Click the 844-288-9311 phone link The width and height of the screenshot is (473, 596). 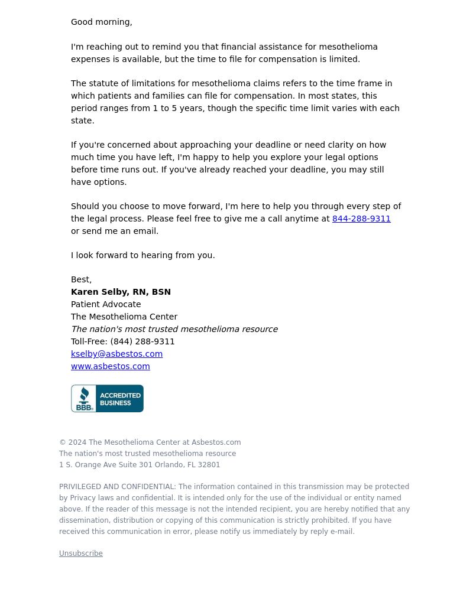(x=361, y=219)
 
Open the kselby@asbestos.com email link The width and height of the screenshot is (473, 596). (x=116, y=354)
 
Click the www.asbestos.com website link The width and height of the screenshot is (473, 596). (x=110, y=366)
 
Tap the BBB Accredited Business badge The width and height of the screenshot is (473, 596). (x=107, y=399)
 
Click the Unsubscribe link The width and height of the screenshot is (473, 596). (x=80, y=553)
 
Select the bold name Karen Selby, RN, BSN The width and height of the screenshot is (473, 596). (x=121, y=292)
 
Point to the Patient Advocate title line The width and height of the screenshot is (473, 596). (x=106, y=304)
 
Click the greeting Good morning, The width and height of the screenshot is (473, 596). (x=101, y=22)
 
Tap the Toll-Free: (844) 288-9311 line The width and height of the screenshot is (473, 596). (x=122, y=341)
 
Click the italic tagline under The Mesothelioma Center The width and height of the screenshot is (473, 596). (x=174, y=329)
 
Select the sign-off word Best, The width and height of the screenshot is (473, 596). (x=81, y=279)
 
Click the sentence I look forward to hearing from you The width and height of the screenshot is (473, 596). (x=142, y=255)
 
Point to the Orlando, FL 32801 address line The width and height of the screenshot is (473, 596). (x=140, y=465)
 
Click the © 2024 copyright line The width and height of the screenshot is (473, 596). (x=150, y=442)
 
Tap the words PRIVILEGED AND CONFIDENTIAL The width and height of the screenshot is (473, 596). (x=117, y=487)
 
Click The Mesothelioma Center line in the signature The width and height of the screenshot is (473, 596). (x=124, y=317)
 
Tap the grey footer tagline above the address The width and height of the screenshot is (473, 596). (x=147, y=454)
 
